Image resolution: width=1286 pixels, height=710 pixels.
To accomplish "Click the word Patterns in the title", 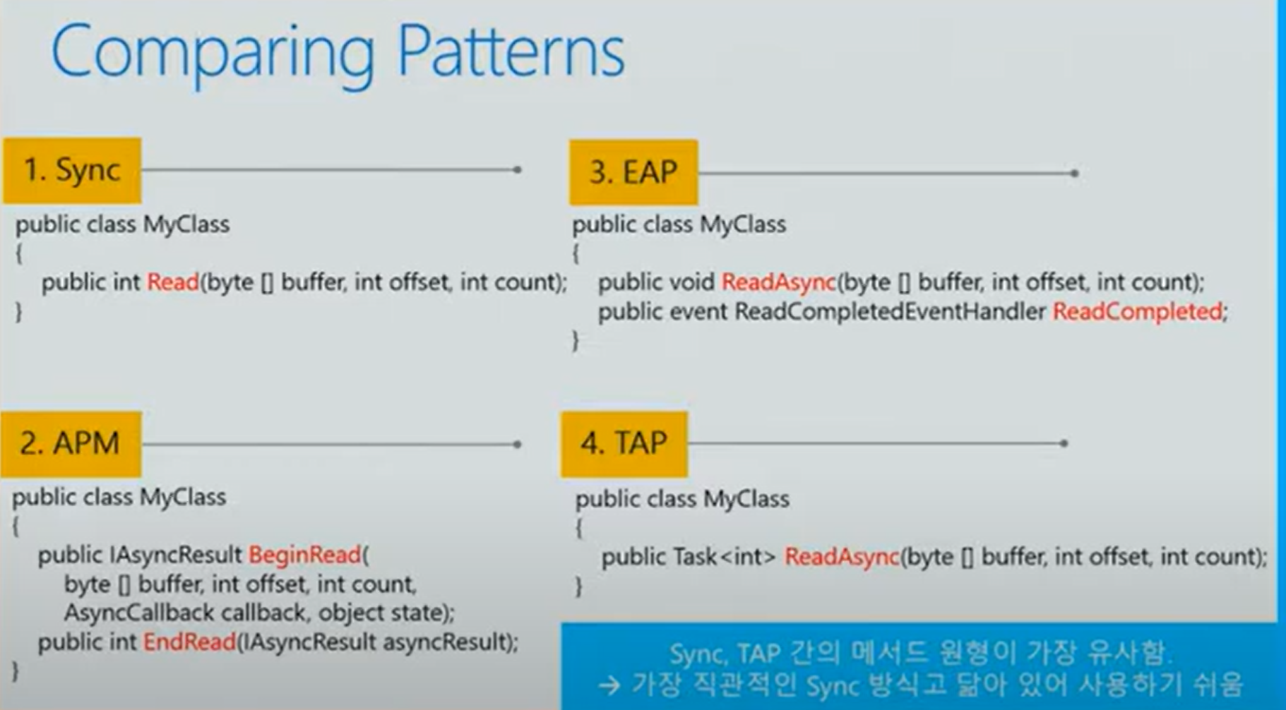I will point(511,51).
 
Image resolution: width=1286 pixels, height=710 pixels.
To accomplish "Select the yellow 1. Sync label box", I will point(72,170).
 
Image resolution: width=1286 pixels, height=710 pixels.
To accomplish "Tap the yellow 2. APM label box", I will point(71,443).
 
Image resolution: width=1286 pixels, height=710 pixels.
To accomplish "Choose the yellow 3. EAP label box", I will point(633,172).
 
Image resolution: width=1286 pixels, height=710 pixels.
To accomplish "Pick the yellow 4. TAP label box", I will point(624,443).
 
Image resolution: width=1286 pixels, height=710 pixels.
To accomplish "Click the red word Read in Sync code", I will point(172,282).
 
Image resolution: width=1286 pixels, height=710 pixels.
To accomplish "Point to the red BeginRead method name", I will point(305,555).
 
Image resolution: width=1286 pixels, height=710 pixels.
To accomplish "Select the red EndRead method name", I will point(189,642).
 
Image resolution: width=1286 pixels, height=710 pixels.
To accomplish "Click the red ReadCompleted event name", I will point(1137,311).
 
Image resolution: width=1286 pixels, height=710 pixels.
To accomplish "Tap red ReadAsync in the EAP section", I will point(778,282).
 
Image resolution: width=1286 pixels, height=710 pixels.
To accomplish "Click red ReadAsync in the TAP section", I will point(842,557).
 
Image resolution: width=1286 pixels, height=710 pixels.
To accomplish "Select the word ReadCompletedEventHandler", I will point(890,311).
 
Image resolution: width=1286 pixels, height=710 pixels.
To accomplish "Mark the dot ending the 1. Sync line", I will point(518,169).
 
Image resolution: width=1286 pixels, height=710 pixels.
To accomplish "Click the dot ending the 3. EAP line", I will point(1074,173).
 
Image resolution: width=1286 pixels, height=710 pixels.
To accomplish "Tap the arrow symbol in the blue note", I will point(609,684).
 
